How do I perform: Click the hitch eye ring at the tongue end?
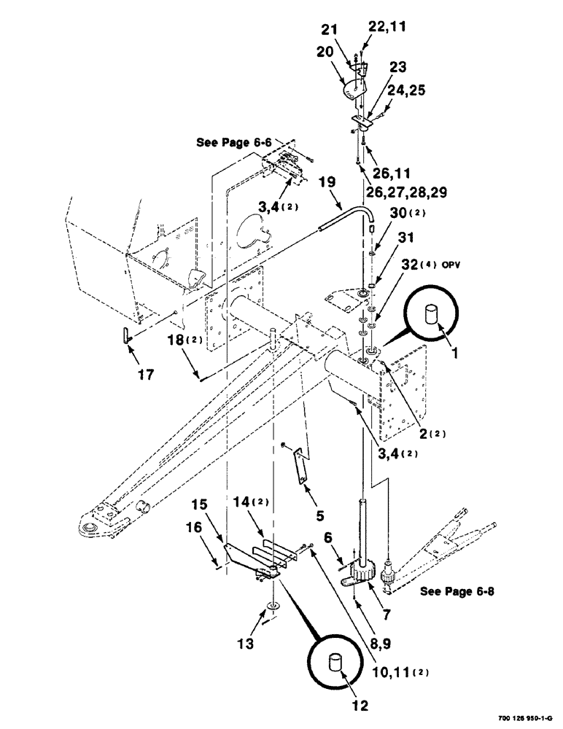click(90, 526)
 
